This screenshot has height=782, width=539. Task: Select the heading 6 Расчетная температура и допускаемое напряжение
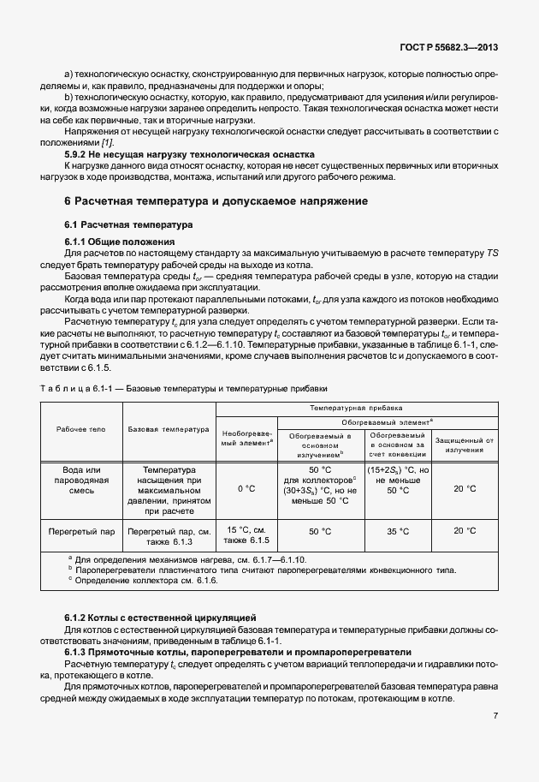click(x=216, y=200)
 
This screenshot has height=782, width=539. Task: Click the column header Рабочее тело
click(x=81, y=429)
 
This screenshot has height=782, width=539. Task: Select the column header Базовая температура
click(x=169, y=429)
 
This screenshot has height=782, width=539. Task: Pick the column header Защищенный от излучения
click(x=465, y=444)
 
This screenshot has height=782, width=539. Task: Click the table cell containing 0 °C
click(x=246, y=488)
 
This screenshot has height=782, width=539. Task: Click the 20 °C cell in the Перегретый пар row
click(x=465, y=531)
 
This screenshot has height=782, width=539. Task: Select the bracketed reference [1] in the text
click(x=109, y=141)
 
